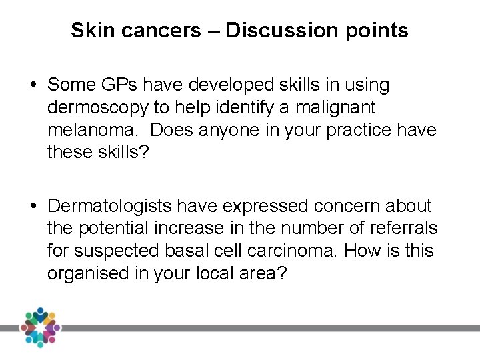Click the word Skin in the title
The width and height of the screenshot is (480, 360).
pyautogui.click(x=89, y=30)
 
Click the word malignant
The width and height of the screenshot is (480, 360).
pyautogui.click(x=339, y=107)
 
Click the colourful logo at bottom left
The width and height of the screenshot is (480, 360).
pyautogui.click(x=39, y=327)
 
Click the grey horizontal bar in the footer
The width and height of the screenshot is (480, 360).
pyautogui.click(x=267, y=328)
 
